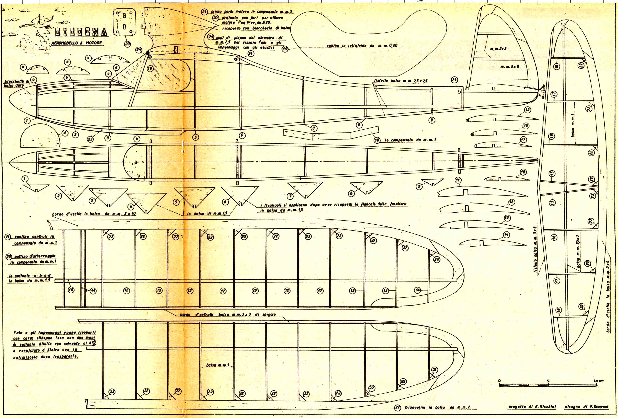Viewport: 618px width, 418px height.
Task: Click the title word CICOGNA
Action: (x=81, y=32)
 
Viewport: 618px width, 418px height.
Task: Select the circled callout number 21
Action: (x=204, y=12)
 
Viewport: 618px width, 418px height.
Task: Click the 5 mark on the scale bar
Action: (x=548, y=381)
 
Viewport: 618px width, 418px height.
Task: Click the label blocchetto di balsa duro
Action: (x=16, y=83)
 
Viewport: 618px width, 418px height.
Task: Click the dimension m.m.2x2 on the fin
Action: (x=498, y=49)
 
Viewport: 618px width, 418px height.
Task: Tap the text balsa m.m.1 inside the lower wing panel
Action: (x=218, y=365)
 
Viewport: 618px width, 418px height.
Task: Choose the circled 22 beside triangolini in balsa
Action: (x=398, y=407)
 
